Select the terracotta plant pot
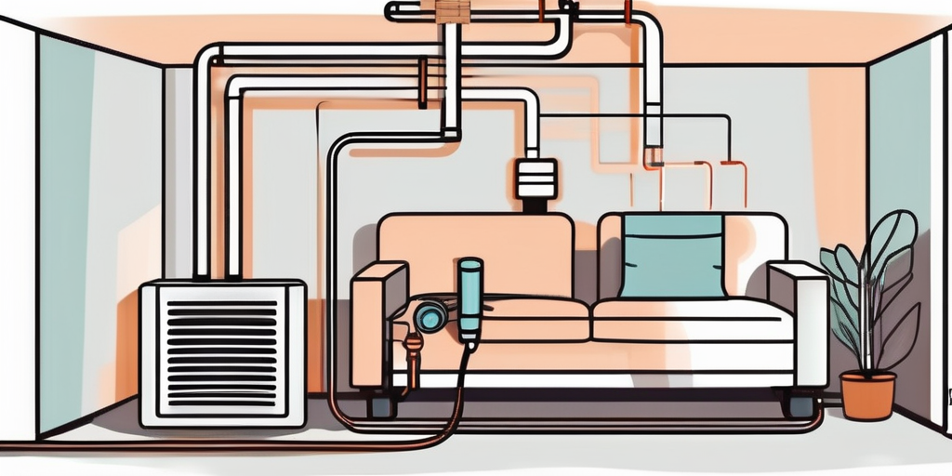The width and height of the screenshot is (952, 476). pyautogui.click(x=866, y=395)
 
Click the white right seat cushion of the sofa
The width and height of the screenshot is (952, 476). pyautogui.click(x=693, y=321)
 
